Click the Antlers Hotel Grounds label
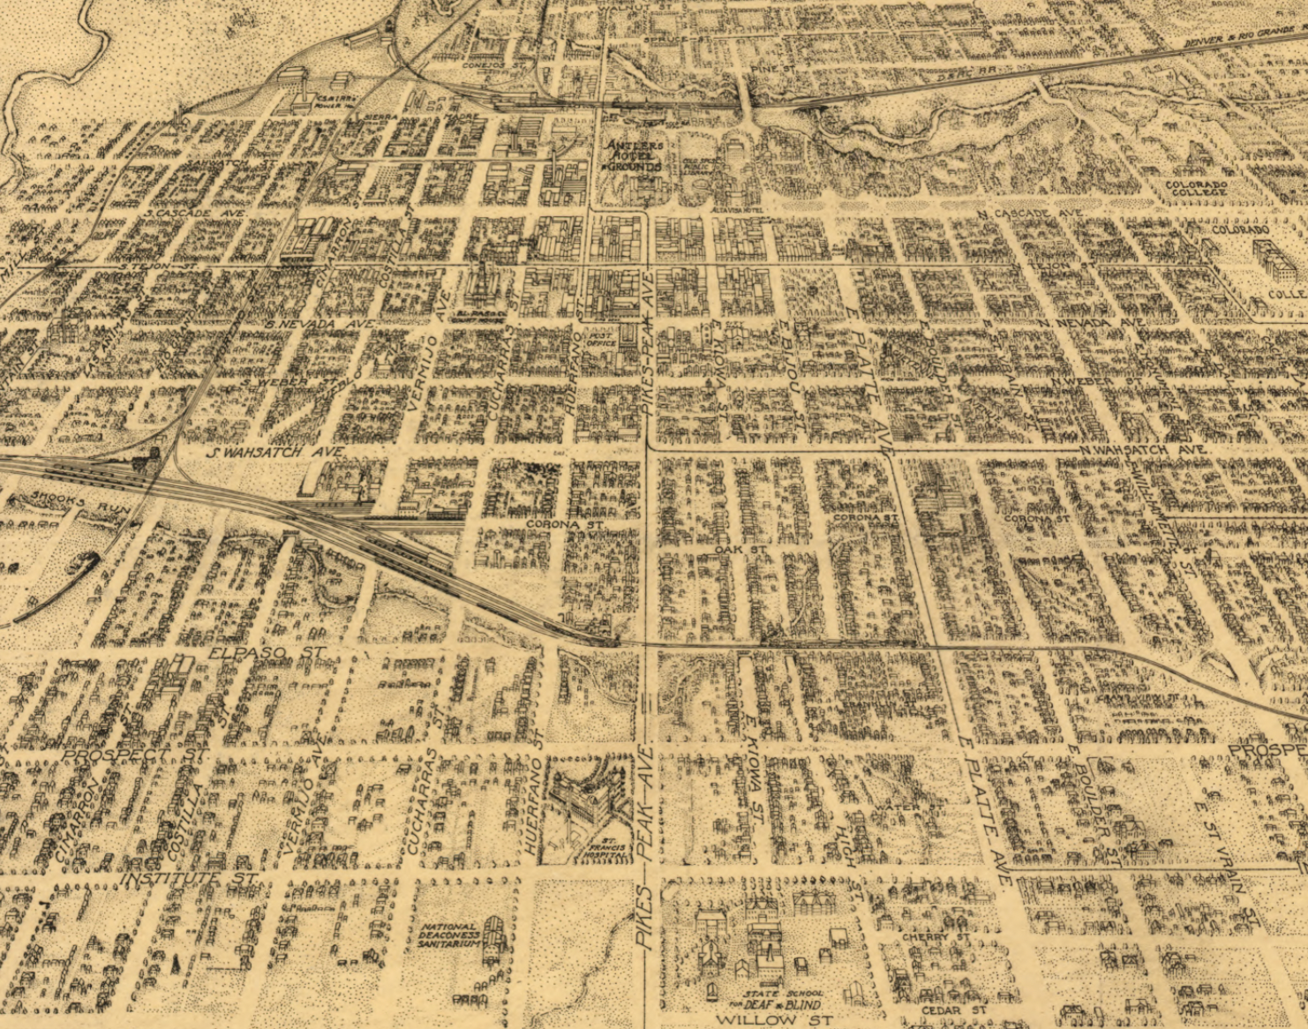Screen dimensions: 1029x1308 [x=633, y=156]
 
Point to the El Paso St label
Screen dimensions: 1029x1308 [x=267, y=653]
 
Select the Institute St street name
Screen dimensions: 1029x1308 [x=190, y=880]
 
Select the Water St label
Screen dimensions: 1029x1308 [x=898, y=807]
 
